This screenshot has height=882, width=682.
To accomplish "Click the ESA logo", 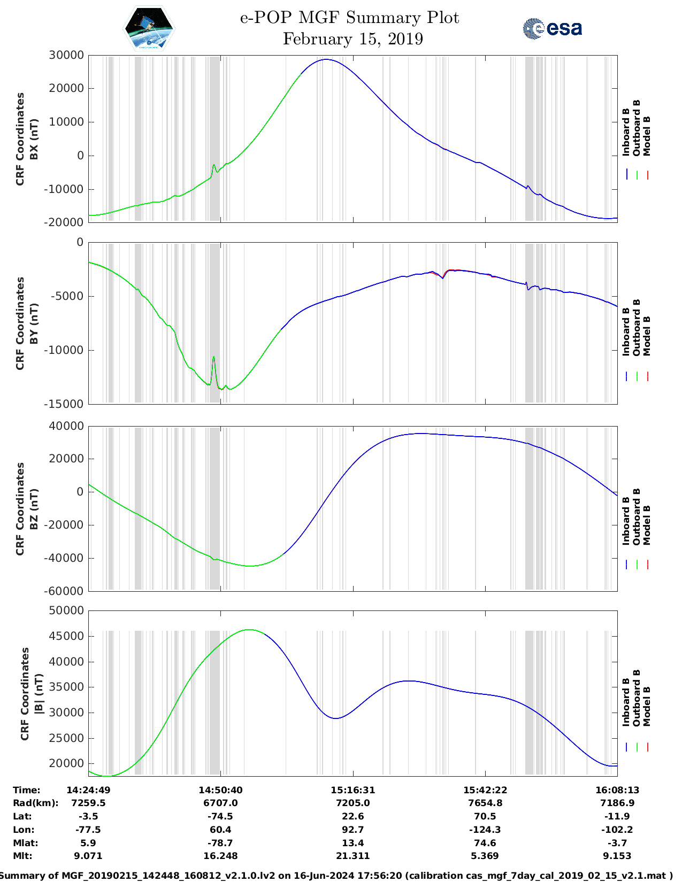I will (x=553, y=28).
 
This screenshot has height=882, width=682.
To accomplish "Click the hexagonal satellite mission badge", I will (x=149, y=28).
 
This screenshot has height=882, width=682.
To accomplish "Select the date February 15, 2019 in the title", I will (x=353, y=39).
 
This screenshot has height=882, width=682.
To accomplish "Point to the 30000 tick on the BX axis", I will (x=66, y=55).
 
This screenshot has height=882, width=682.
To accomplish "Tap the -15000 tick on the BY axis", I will (x=66, y=404).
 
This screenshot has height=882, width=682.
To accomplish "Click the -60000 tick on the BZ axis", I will (x=66, y=591).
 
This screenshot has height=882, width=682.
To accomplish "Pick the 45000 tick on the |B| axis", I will (x=66, y=636).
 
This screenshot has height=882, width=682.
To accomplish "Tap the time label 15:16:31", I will (x=353, y=790).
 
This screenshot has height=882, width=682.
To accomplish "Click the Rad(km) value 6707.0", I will (x=220, y=803).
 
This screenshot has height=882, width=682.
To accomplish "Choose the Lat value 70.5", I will (x=485, y=816).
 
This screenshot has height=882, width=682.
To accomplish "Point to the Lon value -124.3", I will (x=485, y=830).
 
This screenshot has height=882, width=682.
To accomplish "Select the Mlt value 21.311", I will (x=353, y=856).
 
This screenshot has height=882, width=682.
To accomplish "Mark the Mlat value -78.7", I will (x=220, y=843).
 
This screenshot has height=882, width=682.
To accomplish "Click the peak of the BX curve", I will (x=326, y=59).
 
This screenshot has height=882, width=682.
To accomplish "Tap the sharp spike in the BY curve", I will (x=214, y=357).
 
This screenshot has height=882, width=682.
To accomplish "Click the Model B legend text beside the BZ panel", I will (x=647, y=525).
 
